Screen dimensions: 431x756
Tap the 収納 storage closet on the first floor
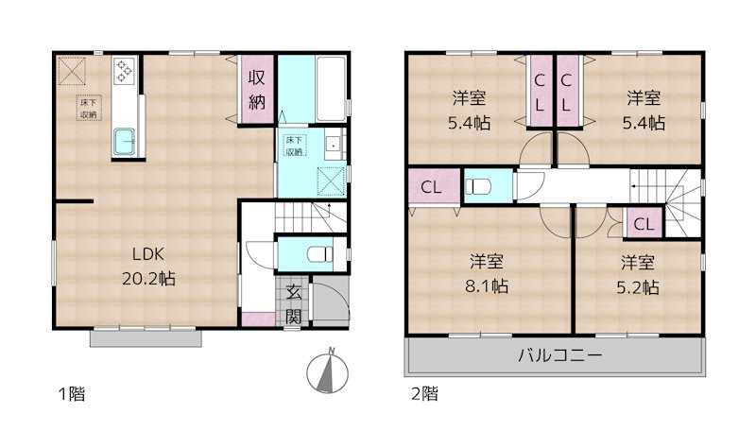click(x=257, y=89)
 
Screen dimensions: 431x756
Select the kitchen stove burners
click(x=125, y=70)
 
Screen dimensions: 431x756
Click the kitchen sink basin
click(x=125, y=142)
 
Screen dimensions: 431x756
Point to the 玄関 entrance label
click(x=293, y=305)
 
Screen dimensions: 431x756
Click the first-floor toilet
click(x=318, y=254)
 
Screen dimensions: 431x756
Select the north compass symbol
click(x=330, y=371)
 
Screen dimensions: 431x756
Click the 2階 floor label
click(x=422, y=394)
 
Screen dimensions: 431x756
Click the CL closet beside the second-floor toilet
click(x=431, y=187)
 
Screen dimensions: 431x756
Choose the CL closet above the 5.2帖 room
click(x=644, y=224)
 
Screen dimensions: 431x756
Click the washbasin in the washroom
click(x=334, y=147)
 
